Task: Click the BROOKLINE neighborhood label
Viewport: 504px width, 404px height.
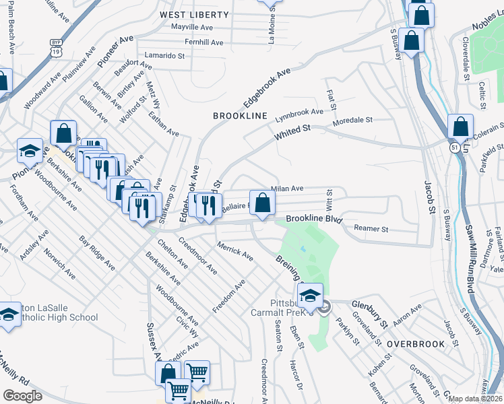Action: pyautogui.click(x=241, y=116)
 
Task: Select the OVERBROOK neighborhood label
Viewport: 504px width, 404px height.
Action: pyautogui.click(x=416, y=344)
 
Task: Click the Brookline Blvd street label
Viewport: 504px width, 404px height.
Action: pyautogui.click(x=314, y=220)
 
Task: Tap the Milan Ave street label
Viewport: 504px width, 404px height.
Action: pyautogui.click(x=287, y=189)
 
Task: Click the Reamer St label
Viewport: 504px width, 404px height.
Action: pyautogui.click(x=371, y=230)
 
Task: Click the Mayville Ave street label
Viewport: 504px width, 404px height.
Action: pyautogui.click(x=192, y=28)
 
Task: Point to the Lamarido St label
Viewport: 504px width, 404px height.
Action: pyautogui.click(x=164, y=55)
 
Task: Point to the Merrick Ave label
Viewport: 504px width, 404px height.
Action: pyautogui.click(x=235, y=252)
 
